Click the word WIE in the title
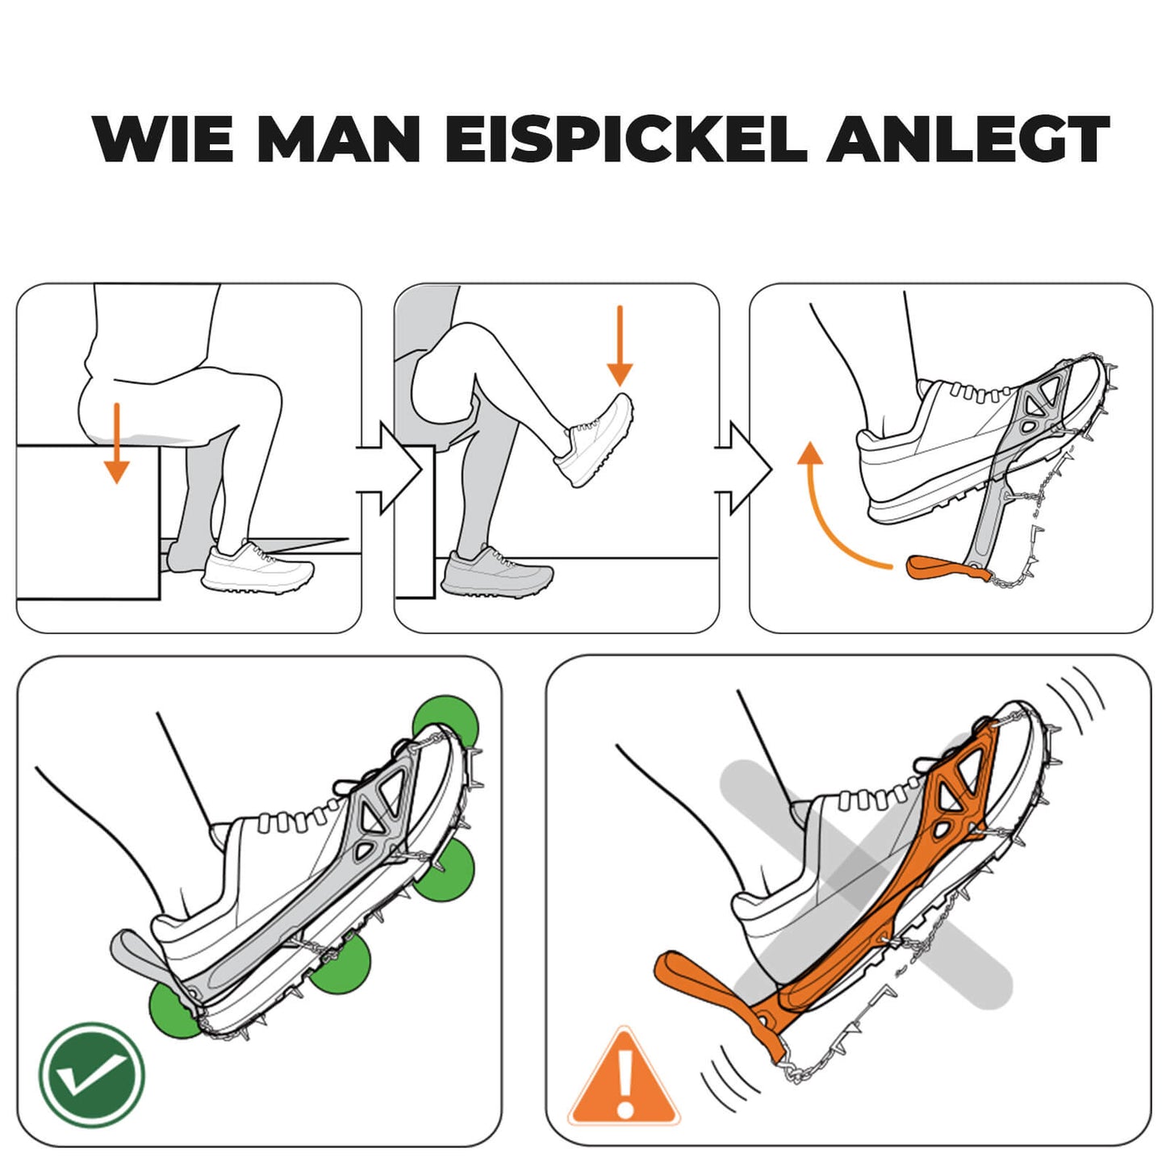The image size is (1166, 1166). point(166,139)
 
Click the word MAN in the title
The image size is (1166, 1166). point(339,139)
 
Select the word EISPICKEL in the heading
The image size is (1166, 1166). point(626,139)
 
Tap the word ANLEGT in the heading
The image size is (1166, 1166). point(967,139)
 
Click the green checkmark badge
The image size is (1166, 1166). point(92,1075)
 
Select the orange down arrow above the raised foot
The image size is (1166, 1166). point(619,346)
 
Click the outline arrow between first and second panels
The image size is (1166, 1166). point(391,468)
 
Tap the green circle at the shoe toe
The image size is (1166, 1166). point(445,721)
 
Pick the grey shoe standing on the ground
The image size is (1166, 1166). point(495,573)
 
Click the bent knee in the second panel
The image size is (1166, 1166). point(440,379)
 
